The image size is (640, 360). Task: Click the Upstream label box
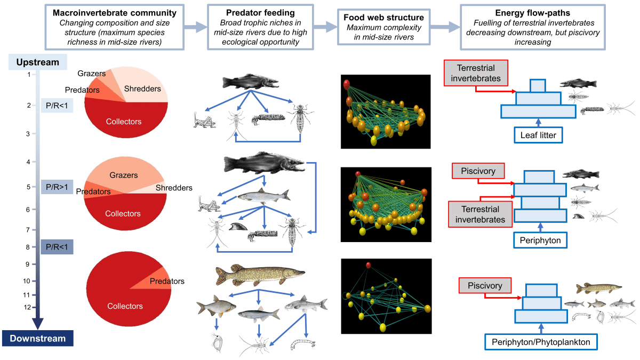click(37, 62)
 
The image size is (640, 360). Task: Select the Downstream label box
click(37, 338)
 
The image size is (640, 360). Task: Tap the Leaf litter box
click(538, 135)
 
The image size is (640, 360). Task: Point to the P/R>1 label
click(57, 187)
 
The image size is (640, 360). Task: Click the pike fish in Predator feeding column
click(260, 275)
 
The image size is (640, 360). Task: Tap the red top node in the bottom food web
click(368, 265)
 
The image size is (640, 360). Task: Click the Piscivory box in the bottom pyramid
click(485, 286)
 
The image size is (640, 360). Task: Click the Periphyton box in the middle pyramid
click(541, 241)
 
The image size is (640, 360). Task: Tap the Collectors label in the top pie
click(123, 122)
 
